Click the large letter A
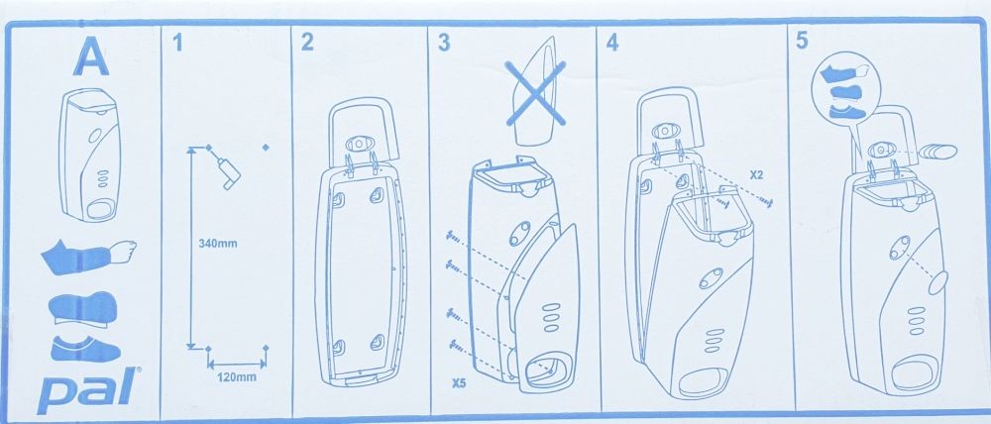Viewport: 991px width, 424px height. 91,57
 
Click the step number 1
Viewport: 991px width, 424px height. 177,43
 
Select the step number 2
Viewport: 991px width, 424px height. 307,43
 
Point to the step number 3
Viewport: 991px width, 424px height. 444,43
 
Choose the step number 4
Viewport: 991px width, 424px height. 611,43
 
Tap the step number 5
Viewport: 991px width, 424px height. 802,41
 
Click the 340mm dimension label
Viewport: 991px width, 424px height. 217,244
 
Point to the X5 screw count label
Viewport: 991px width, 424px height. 460,382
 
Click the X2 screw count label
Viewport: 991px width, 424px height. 757,175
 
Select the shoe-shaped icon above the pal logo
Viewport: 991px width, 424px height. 84,349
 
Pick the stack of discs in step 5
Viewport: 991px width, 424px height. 938,153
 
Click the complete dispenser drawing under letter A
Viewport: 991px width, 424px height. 90,155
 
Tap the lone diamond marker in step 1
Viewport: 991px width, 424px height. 266,148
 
